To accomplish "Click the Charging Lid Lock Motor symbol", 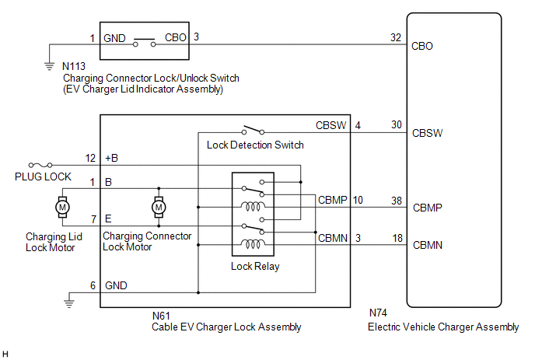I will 60,207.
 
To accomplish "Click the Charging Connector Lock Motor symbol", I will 159,207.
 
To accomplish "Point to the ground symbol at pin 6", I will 71,298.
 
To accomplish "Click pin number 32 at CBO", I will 397,37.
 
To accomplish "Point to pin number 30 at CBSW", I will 397,124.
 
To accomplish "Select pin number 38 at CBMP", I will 397,200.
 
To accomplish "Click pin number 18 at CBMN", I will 397,238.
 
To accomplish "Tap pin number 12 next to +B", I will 90,158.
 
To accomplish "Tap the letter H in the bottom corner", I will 6,354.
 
